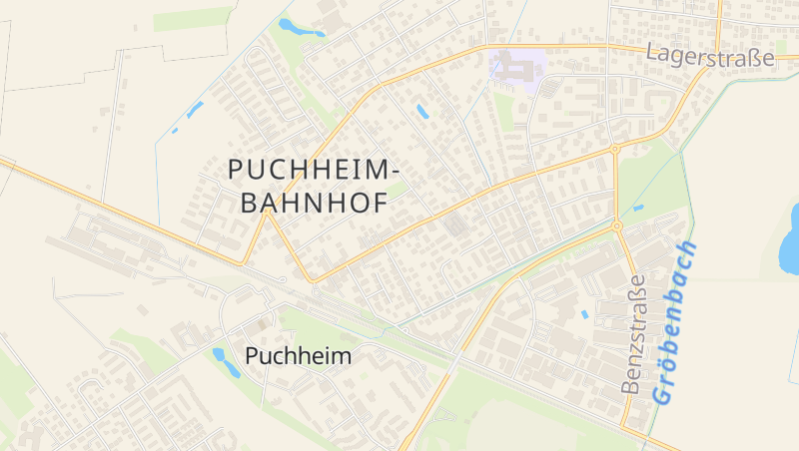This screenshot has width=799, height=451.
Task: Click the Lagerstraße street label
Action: (x=709, y=57)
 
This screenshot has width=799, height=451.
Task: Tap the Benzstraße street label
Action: (x=634, y=334)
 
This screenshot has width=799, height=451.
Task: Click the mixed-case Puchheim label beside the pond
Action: (x=298, y=356)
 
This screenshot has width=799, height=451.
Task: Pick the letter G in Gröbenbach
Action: (x=662, y=392)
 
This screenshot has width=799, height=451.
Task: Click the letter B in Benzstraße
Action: (x=631, y=383)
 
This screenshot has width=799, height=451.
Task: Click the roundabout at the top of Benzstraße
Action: (x=617, y=226)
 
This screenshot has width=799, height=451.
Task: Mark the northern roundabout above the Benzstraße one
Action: (x=614, y=150)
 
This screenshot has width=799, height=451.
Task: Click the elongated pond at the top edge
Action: (x=300, y=27)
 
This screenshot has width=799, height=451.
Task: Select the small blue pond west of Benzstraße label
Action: (x=584, y=314)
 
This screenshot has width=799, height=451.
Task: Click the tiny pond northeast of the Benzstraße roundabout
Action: (x=637, y=208)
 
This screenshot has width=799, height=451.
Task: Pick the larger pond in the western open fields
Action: (x=194, y=109)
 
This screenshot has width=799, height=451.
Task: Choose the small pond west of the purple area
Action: (x=421, y=111)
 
